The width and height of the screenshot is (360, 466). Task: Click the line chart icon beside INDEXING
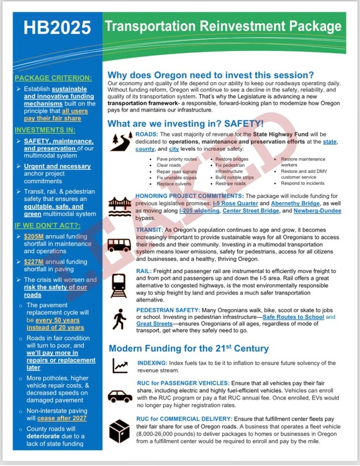(x=120, y=366)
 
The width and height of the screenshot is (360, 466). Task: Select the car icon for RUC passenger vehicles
(x=120, y=395)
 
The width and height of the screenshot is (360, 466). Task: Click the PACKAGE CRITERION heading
(x=53, y=78)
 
